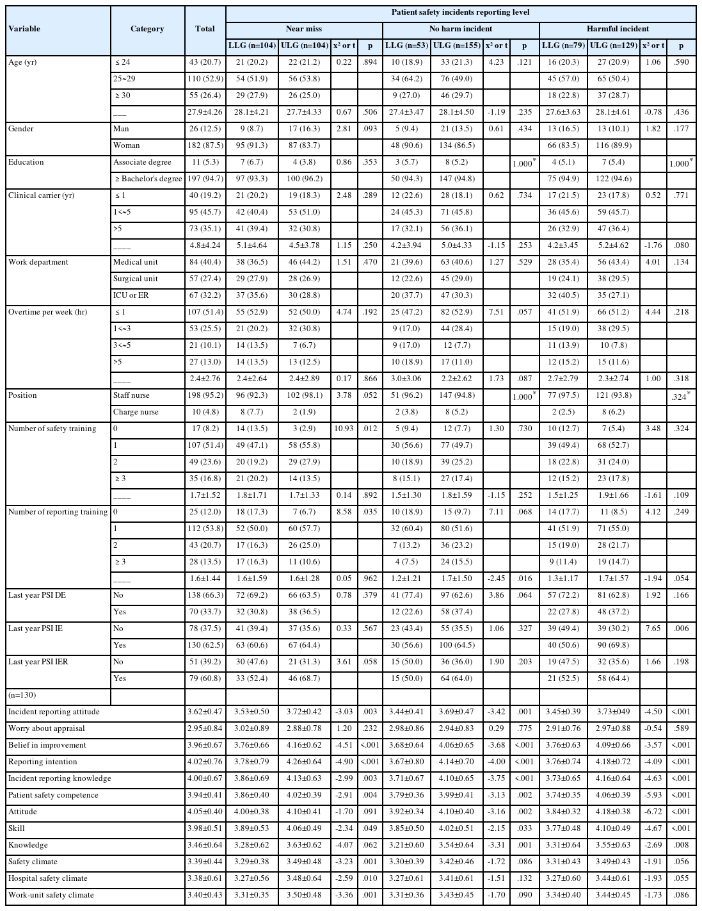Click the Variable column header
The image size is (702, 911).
[x=24, y=29]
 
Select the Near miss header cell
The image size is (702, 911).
[x=303, y=29]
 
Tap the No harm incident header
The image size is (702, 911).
[x=461, y=29]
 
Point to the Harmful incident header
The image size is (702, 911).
[x=618, y=29]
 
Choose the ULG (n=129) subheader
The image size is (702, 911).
[x=612, y=45]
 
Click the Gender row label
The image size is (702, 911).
[x=21, y=129]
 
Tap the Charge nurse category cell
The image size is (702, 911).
[x=136, y=412]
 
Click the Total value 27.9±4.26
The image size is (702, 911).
[x=205, y=112]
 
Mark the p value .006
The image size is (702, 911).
[x=681, y=628]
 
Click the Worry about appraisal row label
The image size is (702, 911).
[x=46, y=728]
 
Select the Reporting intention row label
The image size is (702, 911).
[x=42, y=762]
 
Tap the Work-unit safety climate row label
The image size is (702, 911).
[x=51, y=895]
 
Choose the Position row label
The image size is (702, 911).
[x=22, y=395]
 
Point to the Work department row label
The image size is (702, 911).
[x=38, y=262]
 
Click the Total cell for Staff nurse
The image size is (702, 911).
[x=205, y=395]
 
